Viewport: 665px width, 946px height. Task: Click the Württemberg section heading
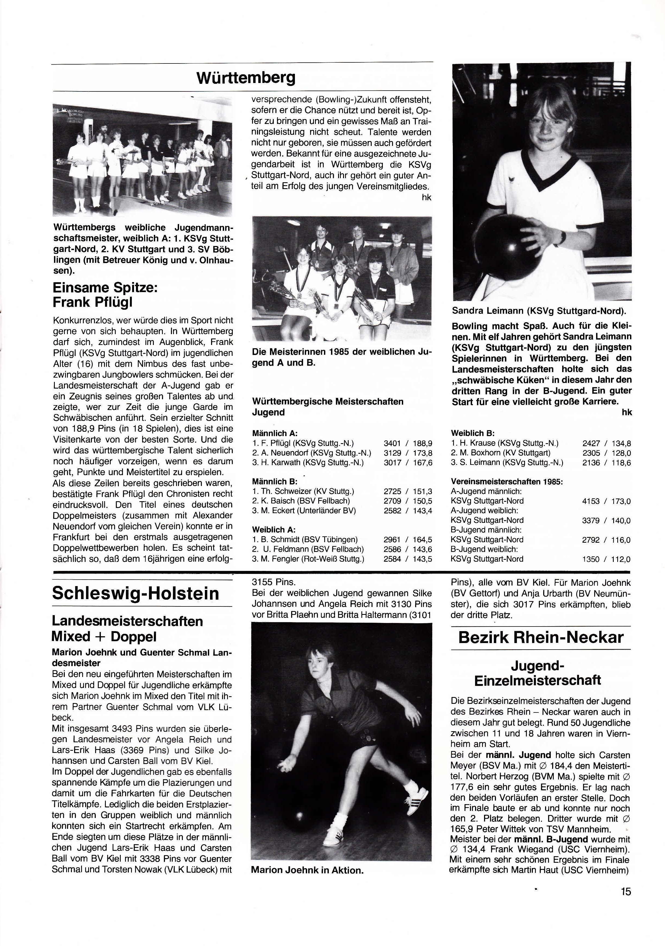coord(246,78)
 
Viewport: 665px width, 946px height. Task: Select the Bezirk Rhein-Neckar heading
coord(540,637)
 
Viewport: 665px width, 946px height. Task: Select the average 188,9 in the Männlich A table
coord(424,443)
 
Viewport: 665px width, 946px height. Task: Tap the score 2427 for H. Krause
coord(590,443)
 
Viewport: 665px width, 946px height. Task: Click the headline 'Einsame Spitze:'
coord(105,287)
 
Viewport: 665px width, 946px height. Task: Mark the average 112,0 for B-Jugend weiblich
coord(621,560)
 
